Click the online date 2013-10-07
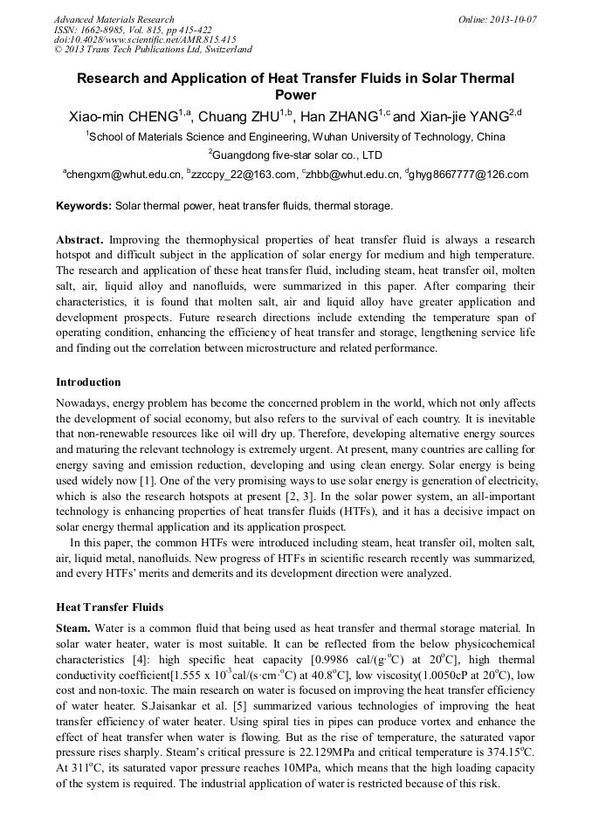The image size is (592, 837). click(513, 18)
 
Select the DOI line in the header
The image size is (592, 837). click(145, 39)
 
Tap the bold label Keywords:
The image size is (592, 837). click(84, 206)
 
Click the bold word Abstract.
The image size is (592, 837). click(80, 239)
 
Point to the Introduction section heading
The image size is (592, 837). click(88, 382)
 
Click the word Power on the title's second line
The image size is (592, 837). click(295, 95)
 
